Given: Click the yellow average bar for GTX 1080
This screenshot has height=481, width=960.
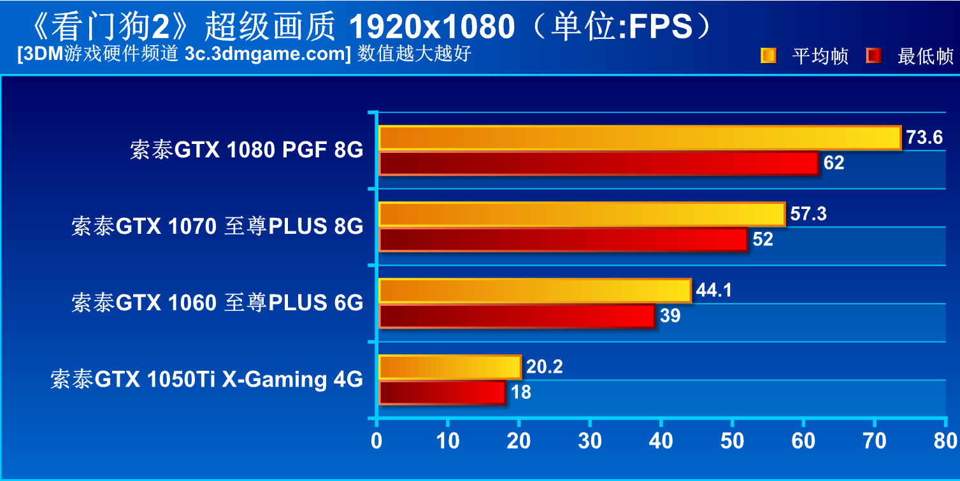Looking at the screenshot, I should tap(640, 138).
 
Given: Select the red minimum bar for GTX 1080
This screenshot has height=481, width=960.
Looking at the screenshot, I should tap(598, 163).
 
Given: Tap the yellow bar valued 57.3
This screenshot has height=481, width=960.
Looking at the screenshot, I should tap(582, 214).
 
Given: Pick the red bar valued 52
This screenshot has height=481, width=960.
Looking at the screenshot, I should tap(562, 240).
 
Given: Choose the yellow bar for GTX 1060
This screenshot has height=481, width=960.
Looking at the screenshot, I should tap(534, 291).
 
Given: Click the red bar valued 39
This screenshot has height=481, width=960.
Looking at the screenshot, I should tap(517, 316).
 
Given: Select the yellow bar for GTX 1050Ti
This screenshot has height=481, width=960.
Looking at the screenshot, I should tap(450, 367).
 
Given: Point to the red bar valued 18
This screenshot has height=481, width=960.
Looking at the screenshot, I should tap(442, 392).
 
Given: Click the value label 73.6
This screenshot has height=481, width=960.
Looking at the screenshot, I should tap(924, 138).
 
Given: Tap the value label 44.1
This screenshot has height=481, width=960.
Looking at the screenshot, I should tap(714, 291).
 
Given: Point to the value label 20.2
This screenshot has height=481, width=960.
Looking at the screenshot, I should tap(545, 367).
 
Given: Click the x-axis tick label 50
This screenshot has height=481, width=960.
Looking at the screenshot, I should tap(733, 441).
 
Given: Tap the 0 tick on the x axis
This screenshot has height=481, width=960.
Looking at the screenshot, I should tap(378, 441).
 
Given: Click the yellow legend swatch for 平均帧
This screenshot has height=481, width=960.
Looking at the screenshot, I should tap(768, 56).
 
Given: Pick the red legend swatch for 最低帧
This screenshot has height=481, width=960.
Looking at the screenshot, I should tap(873, 56).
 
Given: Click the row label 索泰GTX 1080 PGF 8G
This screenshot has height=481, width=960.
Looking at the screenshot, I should tap(247, 150).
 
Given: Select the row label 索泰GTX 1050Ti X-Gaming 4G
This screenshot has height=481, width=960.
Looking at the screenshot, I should tap(207, 380).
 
